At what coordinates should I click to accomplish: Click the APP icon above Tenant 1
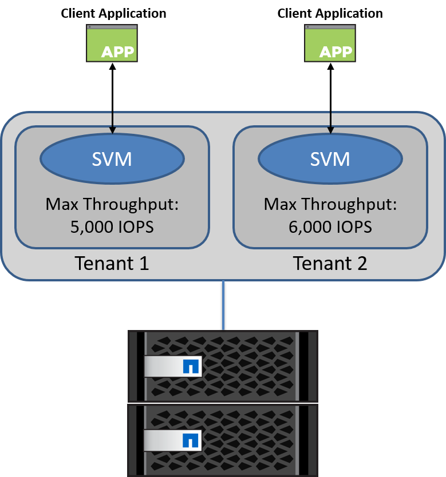[x=112, y=43]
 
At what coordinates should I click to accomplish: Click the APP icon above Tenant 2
[x=330, y=43]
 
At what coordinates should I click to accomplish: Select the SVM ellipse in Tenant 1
[x=112, y=158]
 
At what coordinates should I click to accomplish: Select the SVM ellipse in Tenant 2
[x=330, y=158]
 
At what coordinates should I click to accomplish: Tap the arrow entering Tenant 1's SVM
[x=112, y=121]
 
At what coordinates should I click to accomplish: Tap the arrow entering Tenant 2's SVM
[x=330, y=121]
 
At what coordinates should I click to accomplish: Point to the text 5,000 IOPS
[x=112, y=226]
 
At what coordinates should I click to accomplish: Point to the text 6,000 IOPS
[x=330, y=226]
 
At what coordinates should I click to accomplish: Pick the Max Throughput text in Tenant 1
[x=112, y=204]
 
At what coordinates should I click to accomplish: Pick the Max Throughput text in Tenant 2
[x=330, y=204]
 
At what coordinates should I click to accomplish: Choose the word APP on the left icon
[x=117, y=52]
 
